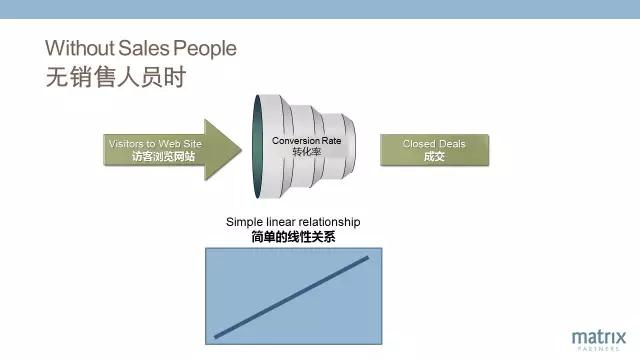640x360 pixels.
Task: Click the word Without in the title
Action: point(80,48)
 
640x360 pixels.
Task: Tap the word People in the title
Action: point(205,49)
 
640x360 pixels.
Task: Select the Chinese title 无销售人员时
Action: point(116,77)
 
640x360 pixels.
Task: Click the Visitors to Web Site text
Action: point(155,144)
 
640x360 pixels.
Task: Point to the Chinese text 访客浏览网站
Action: point(163,156)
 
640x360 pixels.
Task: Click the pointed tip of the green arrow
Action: point(241,150)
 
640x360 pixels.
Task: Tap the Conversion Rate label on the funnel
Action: point(307,141)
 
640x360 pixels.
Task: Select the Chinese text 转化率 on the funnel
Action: point(307,152)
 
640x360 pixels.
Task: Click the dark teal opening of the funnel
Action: point(257,147)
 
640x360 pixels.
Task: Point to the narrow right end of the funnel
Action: point(349,146)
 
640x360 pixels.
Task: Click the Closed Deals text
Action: point(434,144)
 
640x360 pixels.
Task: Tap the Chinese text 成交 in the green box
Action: point(434,156)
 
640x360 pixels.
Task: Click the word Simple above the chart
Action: point(244,222)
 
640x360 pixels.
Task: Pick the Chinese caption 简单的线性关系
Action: point(293,237)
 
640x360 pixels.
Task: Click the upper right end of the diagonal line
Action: point(367,258)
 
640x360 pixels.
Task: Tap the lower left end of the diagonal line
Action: point(216,337)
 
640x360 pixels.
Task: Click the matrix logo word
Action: point(599,338)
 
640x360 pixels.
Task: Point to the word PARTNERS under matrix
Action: point(599,349)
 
